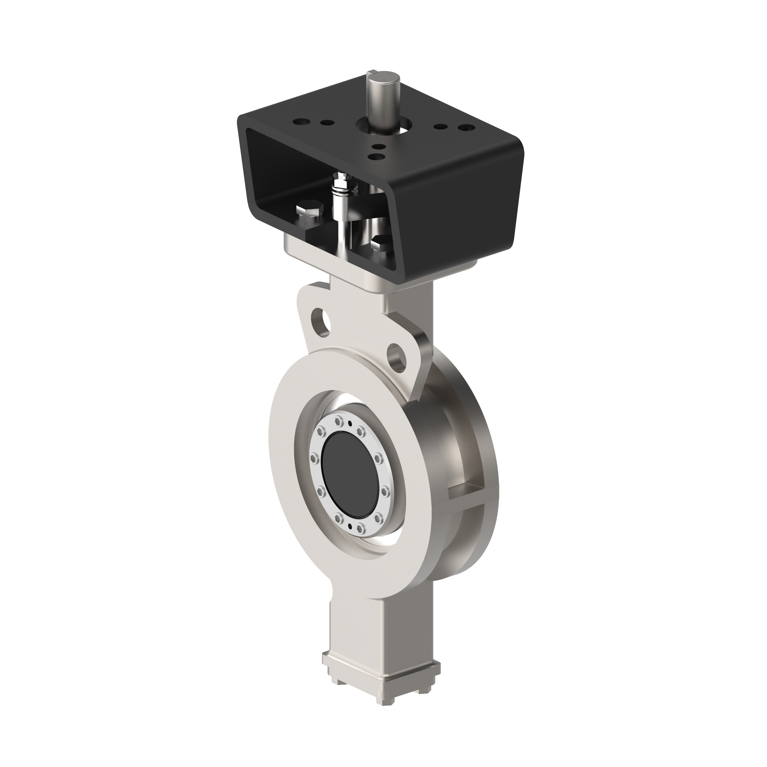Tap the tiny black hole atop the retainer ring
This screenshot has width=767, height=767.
349,424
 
